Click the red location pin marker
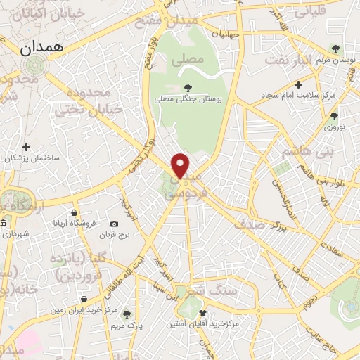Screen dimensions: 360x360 (x=181, y=165)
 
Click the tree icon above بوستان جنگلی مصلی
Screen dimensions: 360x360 (x=188, y=87)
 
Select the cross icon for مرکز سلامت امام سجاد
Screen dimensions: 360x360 (x=299, y=85)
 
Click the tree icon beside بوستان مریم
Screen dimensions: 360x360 (x=336, y=49)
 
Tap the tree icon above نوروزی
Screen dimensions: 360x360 (x=335, y=117)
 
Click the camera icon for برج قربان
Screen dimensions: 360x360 (x=115, y=224)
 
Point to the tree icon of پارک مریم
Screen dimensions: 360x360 (x=127, y=314)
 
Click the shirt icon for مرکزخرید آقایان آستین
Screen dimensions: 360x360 (x=203, y=313)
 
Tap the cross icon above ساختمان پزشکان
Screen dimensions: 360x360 (x=27, y=148)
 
